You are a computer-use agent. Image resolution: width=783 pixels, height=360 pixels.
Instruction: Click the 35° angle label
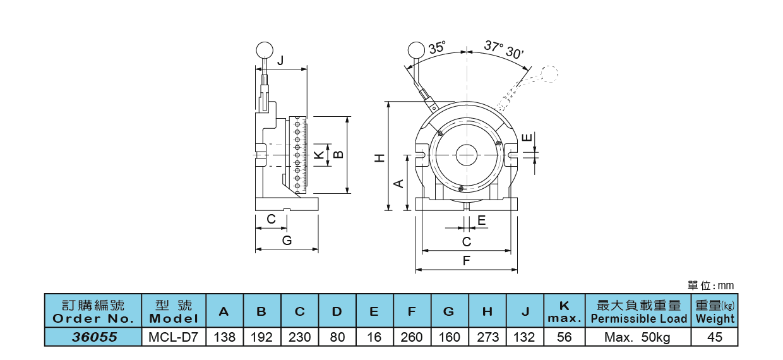[x=436, y=48]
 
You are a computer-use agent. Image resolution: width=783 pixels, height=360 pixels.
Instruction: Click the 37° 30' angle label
[x=505, y=49]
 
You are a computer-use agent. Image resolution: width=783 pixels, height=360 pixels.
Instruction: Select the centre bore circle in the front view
[x=466, y=154]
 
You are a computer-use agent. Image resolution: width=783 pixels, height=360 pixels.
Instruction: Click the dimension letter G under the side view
[x=286, y=240]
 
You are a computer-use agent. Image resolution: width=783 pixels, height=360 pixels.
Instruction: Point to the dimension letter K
[x=320, y=154]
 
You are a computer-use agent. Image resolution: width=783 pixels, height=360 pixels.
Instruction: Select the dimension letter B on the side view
[x=338, y=154]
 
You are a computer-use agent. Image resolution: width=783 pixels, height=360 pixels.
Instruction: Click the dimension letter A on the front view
[x=398, y=183]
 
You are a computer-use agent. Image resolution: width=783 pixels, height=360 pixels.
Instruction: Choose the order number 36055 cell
[x=94, y=337]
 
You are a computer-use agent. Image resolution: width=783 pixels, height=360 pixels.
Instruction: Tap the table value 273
[x=487, y=337]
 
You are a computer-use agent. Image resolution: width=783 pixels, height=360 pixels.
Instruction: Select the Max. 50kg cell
[x=638, y=337]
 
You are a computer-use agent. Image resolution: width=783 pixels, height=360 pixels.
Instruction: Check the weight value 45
[x=715, y=337]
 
